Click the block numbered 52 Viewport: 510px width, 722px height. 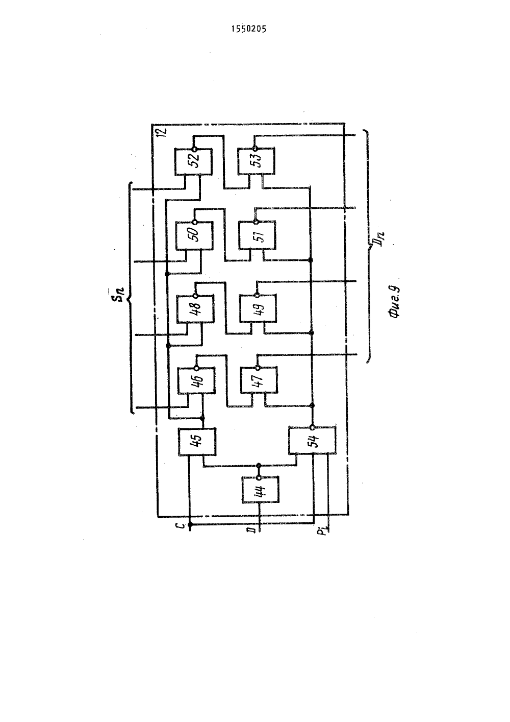pos(193,162)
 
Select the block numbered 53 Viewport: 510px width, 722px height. pos(256,161)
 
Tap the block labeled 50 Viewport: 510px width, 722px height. pos(194,235)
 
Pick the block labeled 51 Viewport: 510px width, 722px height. pos(257,235)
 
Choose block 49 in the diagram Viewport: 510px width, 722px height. pos(258,308)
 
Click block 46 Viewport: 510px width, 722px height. pos(196,380)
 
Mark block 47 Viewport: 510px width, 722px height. pos(259,380)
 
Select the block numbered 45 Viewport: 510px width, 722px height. pos(197,442)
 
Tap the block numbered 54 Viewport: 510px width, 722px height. pos(312,441)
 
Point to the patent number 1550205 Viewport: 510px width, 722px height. pos(249,29)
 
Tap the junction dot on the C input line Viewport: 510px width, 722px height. pos(190,525)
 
